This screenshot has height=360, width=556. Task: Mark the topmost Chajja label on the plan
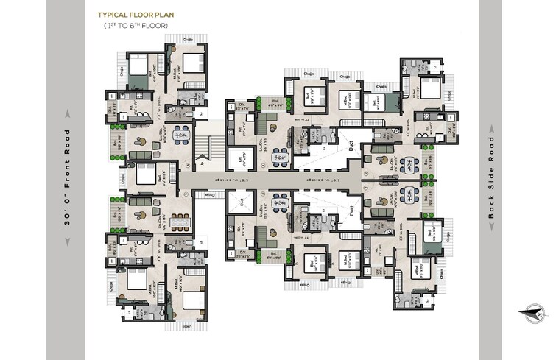(189, 39)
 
